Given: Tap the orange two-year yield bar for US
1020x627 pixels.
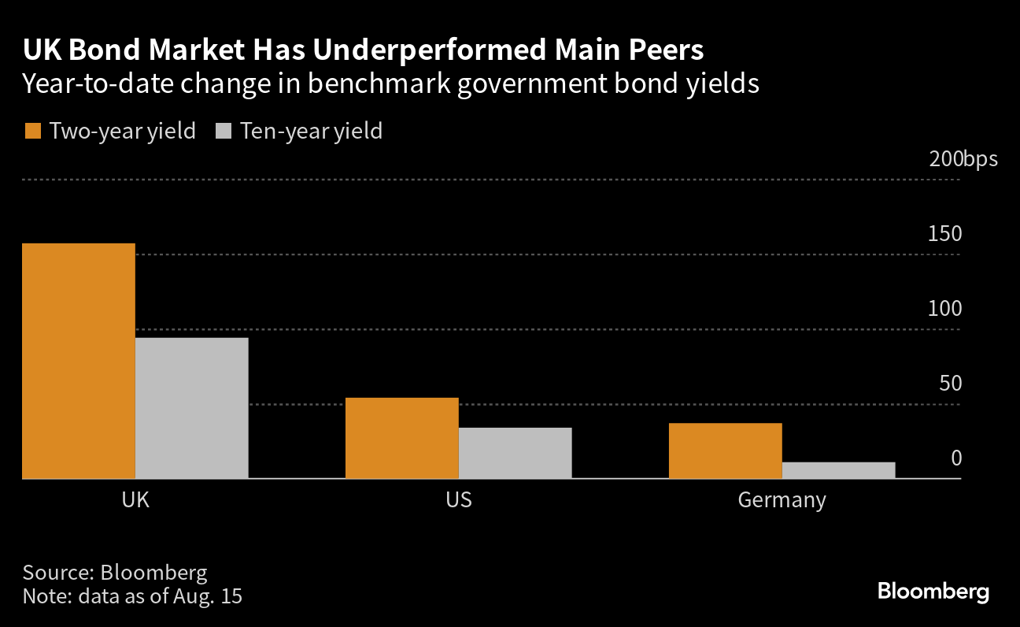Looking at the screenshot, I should pos(402,438).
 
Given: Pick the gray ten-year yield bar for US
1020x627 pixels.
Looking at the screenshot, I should pos(516,453).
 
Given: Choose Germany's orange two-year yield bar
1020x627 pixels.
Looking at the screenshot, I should pos(725,451).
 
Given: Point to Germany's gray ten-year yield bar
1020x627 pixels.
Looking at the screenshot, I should pos(838,470).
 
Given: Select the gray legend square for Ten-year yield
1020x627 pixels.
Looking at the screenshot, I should pos(223,131).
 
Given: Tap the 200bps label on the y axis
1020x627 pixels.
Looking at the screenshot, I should pos(963,159).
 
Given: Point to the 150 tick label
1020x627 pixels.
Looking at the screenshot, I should pos(945,234).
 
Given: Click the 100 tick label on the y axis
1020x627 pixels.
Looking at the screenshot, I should pos(945,309).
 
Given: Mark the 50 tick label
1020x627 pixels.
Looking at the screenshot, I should pos(950,384).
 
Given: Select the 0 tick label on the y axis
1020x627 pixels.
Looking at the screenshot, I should pos(956,458).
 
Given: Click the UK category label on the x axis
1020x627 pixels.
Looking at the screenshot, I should pos(135,500).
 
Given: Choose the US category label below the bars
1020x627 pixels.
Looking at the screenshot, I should pos(459,500).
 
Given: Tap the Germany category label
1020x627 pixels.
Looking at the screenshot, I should pos(782,500).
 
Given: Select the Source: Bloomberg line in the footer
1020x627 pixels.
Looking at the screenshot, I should pos(115,572).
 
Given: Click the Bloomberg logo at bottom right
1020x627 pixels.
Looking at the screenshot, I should pos(933,592).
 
